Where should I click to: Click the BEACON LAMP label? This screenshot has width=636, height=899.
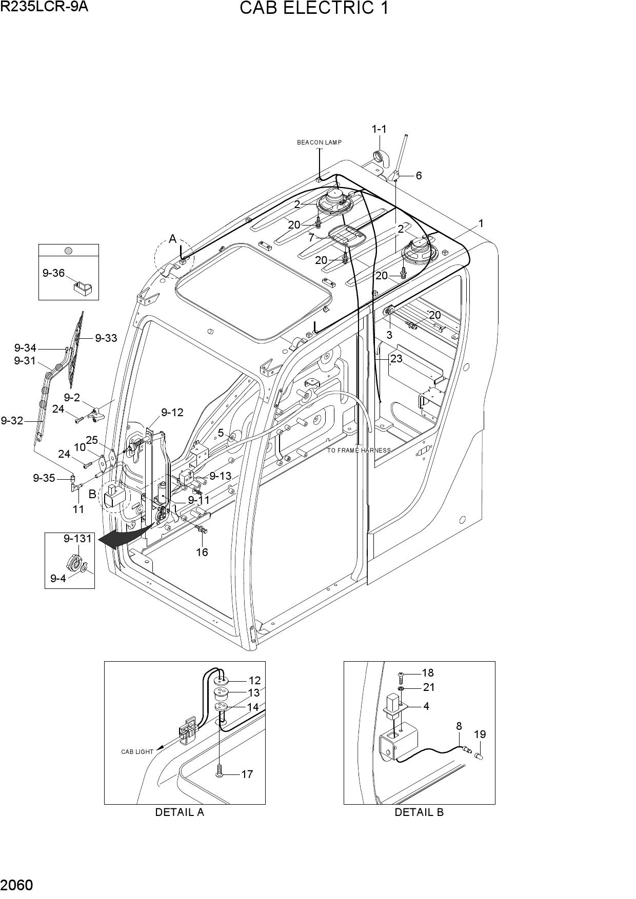point(319,142)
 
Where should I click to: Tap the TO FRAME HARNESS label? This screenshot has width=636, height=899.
point(359,451)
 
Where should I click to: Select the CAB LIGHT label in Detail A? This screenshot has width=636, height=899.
point(137,752)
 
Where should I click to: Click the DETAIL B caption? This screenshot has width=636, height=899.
point(419,812)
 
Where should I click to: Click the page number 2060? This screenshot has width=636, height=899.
point(17,885)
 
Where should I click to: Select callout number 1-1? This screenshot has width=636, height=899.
point(379,129)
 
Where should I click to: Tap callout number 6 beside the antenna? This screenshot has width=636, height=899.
point(419,175)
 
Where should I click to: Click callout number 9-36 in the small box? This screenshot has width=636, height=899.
point(53,273)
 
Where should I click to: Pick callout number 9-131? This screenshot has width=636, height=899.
point(77,539)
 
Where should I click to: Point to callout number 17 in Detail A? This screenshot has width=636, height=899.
point(247,774)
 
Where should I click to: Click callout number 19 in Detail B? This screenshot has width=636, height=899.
point(480,734)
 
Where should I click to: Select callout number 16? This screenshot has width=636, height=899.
point(202,552)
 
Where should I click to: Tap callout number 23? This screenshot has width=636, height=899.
point(396,359)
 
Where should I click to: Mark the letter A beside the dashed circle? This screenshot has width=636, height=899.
point(173,239)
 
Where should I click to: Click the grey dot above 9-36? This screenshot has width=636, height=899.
point(68,251)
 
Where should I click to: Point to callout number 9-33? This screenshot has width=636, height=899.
point(106,338)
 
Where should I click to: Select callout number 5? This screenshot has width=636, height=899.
point(221,433)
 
